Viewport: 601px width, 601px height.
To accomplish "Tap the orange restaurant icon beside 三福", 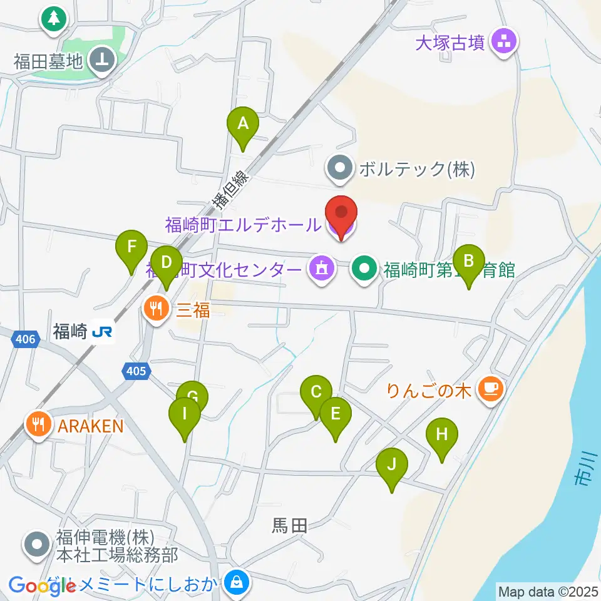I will pos(156,308).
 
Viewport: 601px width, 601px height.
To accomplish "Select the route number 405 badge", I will pos(135,371).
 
